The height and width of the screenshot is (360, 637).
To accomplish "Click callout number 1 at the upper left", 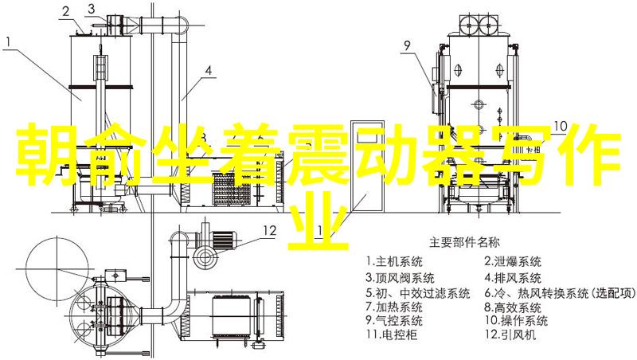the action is coord(9,41).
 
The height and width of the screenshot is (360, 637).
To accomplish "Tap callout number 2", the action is coord(66,11).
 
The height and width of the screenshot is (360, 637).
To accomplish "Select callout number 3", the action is coord(92,9).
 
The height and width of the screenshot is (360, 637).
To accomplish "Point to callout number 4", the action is coord(208,70).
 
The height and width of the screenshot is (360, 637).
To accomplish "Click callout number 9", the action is coord(407,45).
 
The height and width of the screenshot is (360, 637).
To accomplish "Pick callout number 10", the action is coord(561,126).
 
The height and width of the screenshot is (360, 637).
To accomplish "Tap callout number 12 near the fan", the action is coord(269,230).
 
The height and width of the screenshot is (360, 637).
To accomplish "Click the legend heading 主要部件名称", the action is coord(465,243).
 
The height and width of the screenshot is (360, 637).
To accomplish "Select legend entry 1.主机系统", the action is coord(393,261).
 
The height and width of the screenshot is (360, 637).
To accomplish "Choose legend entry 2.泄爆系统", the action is coord(512,261).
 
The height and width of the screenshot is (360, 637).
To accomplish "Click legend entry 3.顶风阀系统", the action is coord(400,277).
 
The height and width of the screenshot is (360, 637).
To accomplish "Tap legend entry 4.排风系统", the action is coord(512,277).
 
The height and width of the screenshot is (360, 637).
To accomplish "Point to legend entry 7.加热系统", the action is coord(393,306).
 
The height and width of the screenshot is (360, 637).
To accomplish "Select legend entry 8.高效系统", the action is coord(512,307).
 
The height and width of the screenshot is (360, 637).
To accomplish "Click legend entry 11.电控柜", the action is coord(391,334).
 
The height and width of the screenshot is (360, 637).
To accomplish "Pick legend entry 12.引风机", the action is coord(510,334).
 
